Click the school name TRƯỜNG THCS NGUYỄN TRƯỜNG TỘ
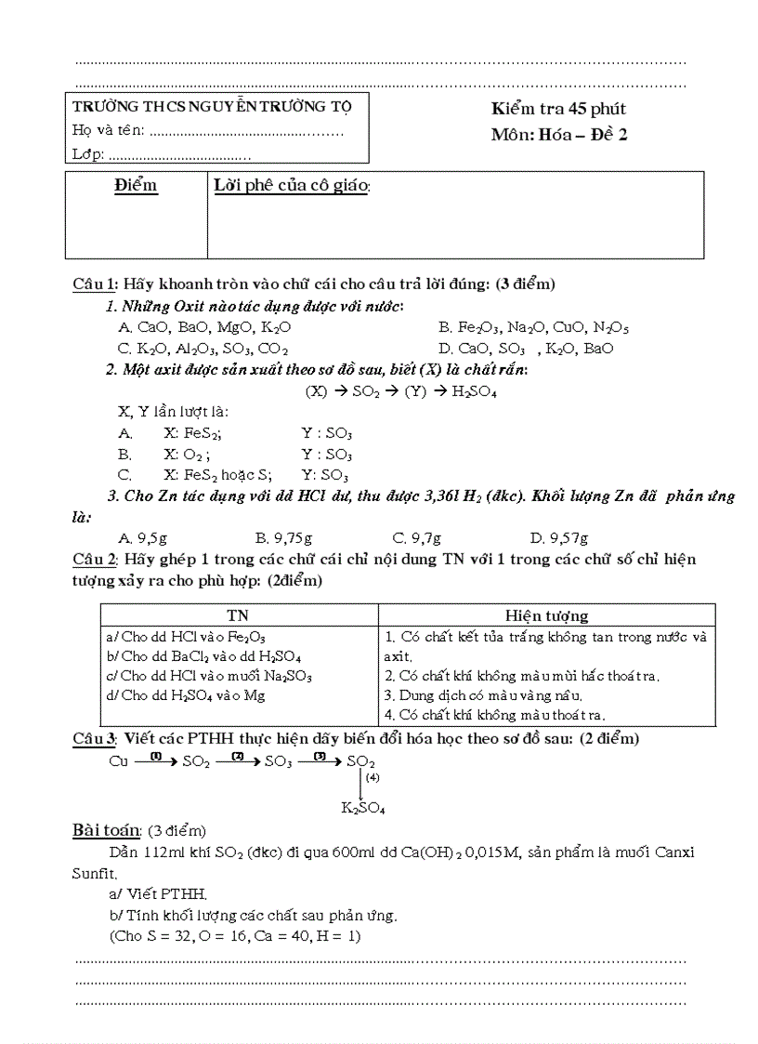coord(212,106)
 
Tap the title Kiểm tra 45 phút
coord(558,110)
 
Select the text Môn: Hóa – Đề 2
coord(559,135)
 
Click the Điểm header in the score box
coord(136,186)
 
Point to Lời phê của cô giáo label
coord(292,186)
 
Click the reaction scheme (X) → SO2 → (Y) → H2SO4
coord(400,391)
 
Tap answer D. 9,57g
coord(558,537)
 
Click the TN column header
coord(238,615)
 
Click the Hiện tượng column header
coord(546,615)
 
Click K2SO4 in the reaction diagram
coord(362,809)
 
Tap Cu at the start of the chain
coord(118,761)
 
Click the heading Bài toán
coord(106,829)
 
